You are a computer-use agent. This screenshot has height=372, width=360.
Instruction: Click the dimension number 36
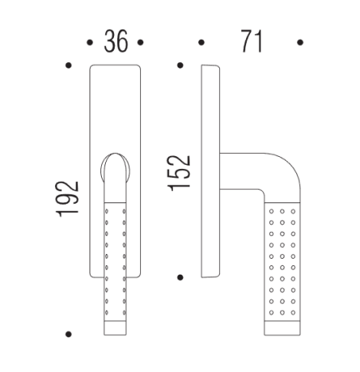(x=116, y=42)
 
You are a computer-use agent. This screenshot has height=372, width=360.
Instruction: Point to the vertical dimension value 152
(x=181, y=171)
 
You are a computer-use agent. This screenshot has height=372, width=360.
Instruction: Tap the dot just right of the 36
(x=139, y=41)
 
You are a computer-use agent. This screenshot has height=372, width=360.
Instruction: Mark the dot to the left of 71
(x=202, y=41)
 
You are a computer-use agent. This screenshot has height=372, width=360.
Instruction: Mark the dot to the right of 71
(x=299, y=41)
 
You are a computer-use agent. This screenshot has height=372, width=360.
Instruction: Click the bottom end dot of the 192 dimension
(x=70, y=334)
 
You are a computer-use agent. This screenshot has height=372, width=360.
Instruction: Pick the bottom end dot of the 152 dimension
(x=181, y=277)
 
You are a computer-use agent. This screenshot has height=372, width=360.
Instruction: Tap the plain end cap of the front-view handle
(x=116, y=327)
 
